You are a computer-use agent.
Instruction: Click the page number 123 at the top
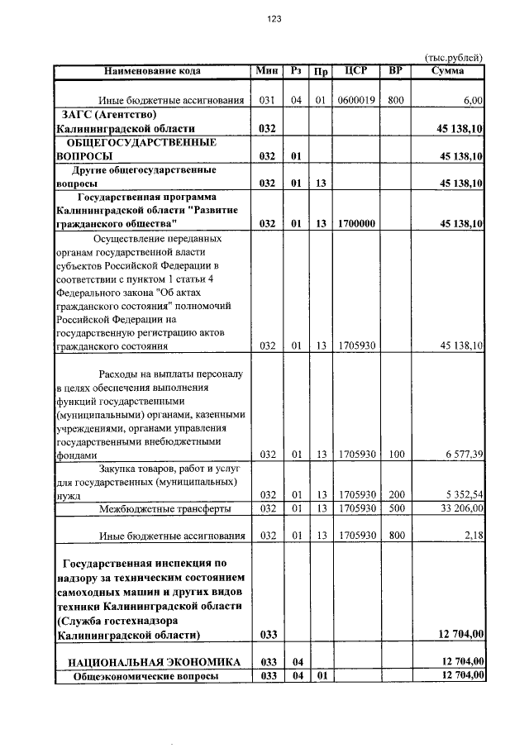274,21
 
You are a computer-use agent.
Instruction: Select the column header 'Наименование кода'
153,71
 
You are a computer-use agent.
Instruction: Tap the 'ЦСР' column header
356,71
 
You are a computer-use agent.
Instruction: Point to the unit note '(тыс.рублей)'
453,57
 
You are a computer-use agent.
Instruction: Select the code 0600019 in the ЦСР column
357,101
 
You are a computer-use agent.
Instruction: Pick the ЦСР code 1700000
357,224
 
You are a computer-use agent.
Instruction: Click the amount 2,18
474,536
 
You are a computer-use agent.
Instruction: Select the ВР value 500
397,508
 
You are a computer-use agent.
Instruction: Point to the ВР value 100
397,455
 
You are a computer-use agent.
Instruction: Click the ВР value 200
397,495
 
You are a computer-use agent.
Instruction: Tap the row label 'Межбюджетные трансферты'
164,508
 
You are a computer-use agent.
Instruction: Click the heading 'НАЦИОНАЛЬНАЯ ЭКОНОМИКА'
155,662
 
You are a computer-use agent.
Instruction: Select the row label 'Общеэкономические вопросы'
146,677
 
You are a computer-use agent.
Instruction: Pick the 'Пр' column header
320,71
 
